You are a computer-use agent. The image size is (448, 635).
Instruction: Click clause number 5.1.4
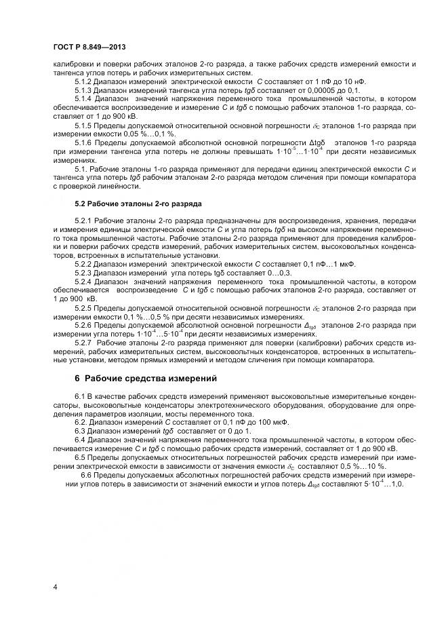point(84,98)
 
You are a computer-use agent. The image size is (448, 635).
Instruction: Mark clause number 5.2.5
point(84,307)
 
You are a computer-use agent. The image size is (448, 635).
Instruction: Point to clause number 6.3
point(81,430)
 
